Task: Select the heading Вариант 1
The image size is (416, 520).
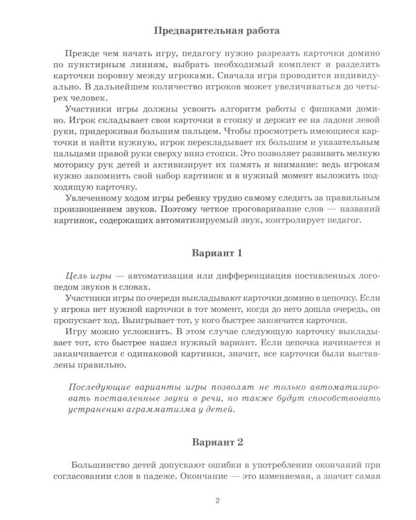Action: (208, 254)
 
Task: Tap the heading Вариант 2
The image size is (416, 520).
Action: (208, 439)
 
